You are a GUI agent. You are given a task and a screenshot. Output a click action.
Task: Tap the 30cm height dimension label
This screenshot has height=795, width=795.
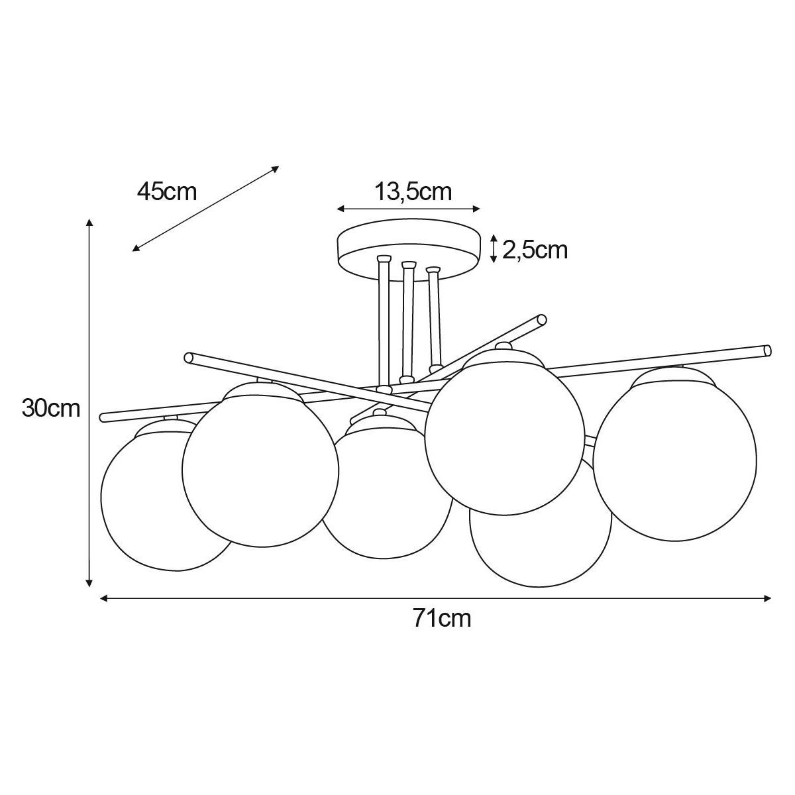click(51, 409)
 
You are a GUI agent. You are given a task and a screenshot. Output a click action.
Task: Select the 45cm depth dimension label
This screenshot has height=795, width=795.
click(167, 191)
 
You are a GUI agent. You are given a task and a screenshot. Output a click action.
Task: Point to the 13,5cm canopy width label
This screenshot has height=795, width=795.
click(413, 191)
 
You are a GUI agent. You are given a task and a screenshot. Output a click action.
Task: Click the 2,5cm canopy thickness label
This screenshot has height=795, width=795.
click(535, 250)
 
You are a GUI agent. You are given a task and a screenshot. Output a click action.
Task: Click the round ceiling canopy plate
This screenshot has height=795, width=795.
click(409, 250)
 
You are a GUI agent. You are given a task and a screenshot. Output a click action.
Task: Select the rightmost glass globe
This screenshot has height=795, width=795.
click(675, 453)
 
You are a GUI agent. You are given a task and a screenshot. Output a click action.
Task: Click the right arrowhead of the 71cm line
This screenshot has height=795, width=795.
click(767, 598)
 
